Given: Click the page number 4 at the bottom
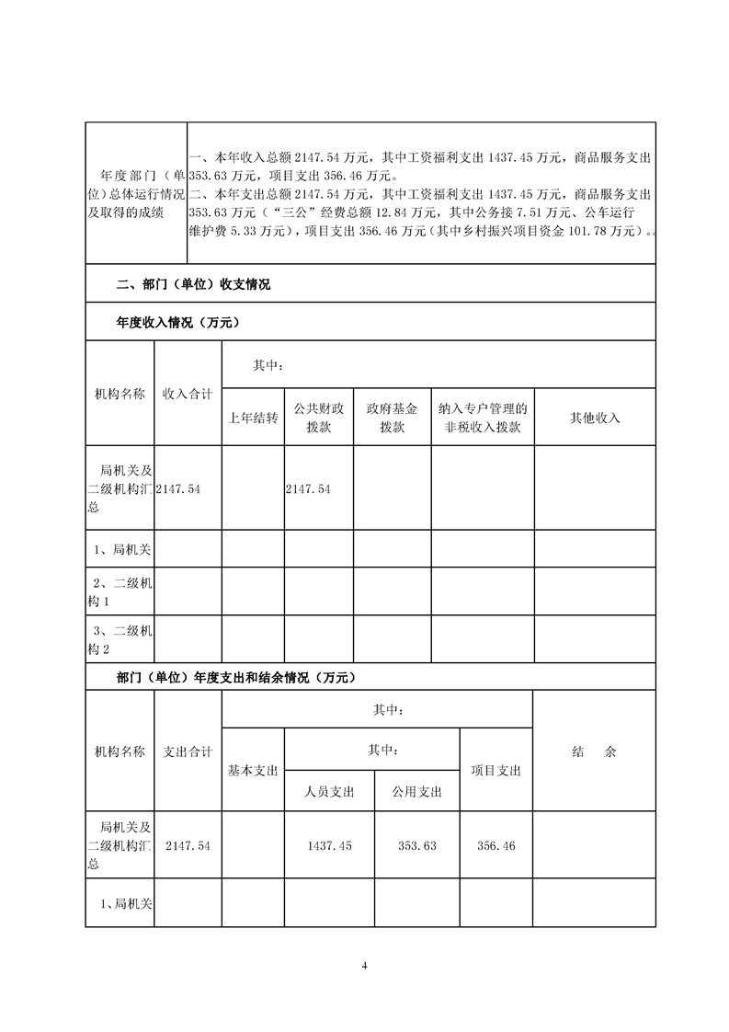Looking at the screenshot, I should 365,965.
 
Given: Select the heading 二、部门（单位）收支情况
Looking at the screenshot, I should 193,285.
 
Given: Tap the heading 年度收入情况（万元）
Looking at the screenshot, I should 177,323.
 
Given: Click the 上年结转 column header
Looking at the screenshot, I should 253,418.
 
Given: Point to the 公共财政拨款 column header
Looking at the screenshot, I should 319,418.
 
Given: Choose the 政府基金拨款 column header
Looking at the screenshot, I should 392,418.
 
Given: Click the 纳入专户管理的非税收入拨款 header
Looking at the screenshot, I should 483,418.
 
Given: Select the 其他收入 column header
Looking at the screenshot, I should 595,418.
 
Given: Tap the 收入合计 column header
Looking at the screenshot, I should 188,394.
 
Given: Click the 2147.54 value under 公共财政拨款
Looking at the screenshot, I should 308,489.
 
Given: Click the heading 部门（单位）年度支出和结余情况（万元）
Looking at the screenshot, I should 234,678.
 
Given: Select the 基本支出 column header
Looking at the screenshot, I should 253,771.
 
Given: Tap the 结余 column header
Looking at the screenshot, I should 594,751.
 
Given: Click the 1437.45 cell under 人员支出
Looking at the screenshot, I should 329,845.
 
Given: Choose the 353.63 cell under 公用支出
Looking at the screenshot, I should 417,845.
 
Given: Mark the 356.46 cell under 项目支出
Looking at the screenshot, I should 495,845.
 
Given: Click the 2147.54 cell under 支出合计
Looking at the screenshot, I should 188,845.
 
